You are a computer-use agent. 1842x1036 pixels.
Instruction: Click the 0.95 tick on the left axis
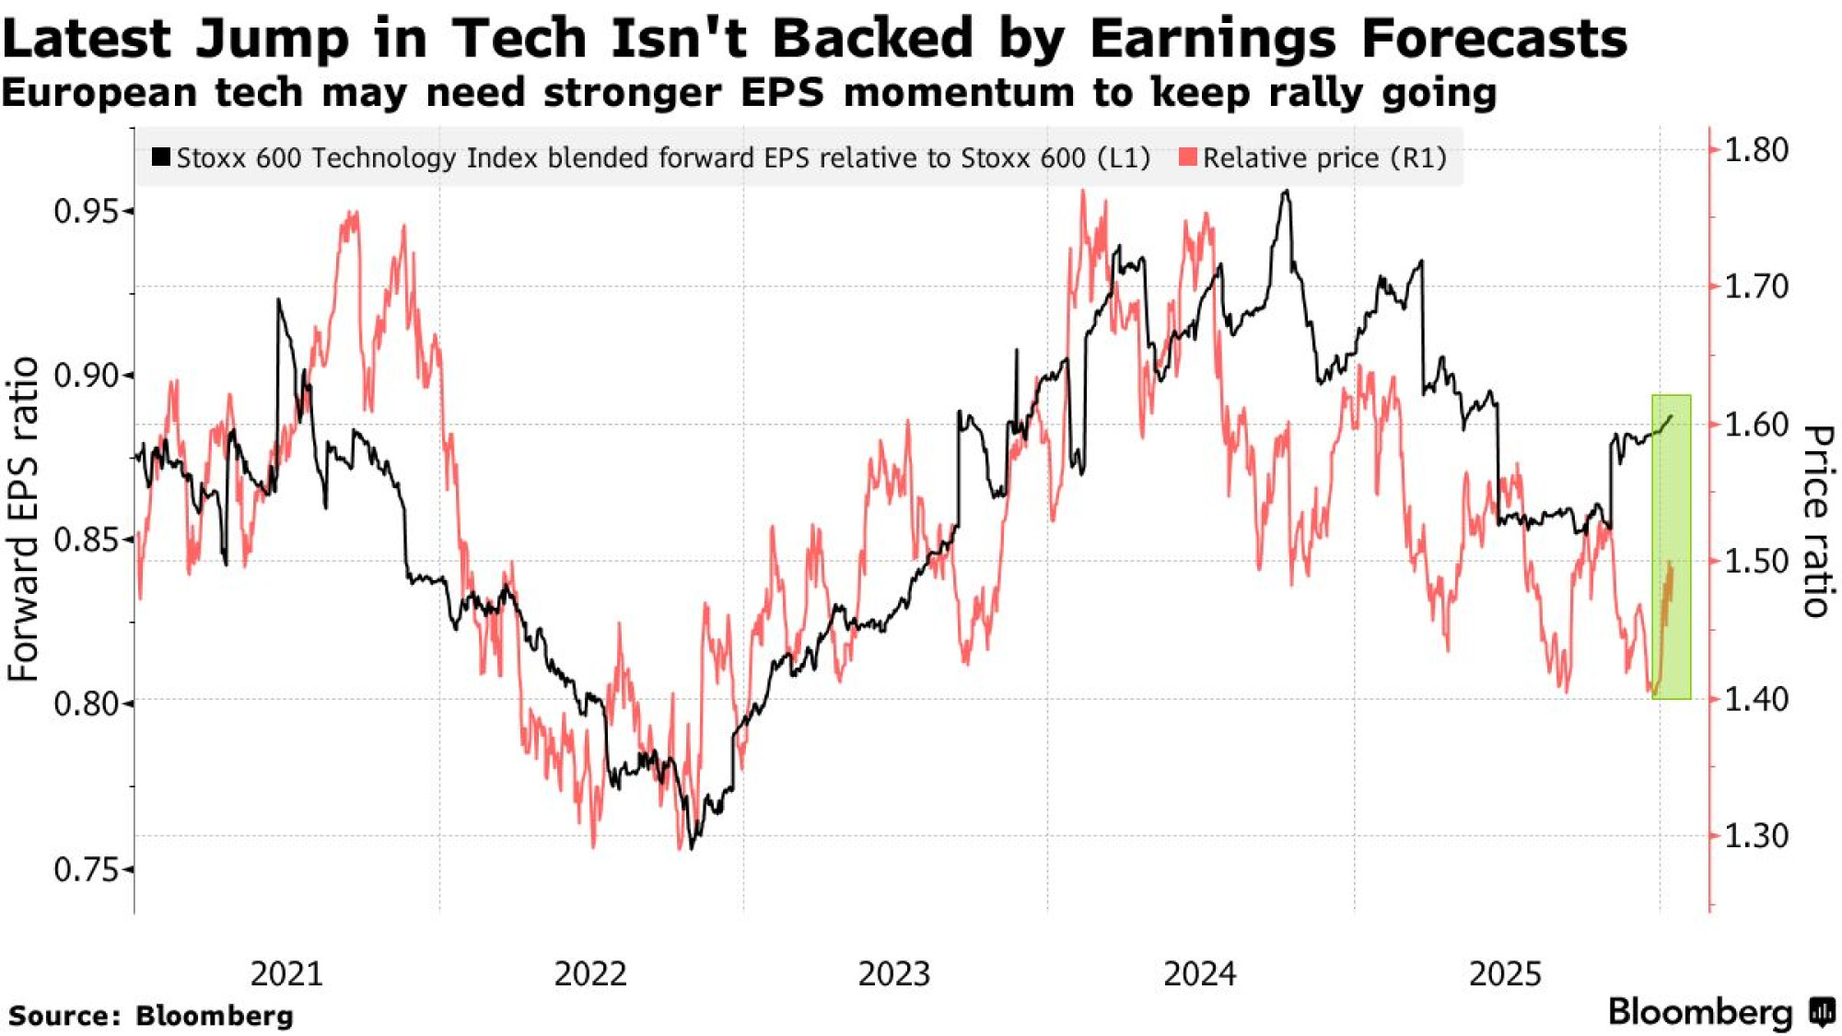coord(87,212)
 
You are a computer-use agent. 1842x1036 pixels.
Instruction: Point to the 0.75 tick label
coord(87,869)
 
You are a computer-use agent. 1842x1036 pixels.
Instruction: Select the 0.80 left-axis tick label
coord(87,704)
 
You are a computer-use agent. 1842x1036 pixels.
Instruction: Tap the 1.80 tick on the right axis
coord(1755,149)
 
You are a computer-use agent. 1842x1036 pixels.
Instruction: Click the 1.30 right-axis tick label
coord(1755,836)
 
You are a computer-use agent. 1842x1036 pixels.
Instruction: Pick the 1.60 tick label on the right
coord(1755,425)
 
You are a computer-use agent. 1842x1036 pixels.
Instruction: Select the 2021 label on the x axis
coord(286,974)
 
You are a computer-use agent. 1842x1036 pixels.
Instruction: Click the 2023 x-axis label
coord(894,974)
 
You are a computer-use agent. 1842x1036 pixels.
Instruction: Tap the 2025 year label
coord(1505,974)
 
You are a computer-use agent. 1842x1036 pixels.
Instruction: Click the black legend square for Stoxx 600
coord(161,157)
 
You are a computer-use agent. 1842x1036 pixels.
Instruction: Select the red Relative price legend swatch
coord(1188,157)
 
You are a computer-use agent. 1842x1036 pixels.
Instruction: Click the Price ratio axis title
coord(1816,520)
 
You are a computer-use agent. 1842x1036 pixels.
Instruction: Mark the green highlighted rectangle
coord(1672,546)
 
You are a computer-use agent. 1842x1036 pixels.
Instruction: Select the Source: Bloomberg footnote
coord(151,1016)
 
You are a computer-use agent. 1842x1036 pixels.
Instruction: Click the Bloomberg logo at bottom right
coord(1720,1012)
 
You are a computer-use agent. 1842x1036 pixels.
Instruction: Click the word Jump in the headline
coord(273,39)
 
